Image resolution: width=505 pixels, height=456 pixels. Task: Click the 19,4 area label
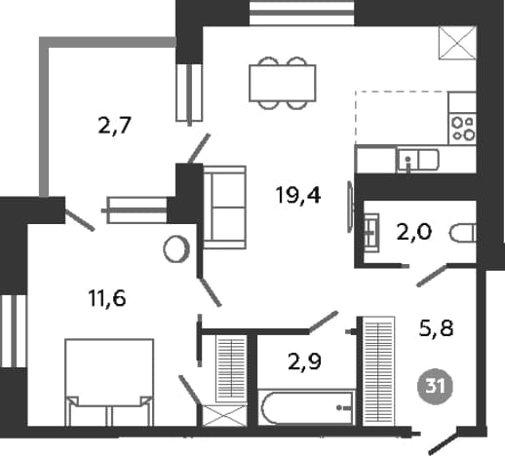(x=298, y=196)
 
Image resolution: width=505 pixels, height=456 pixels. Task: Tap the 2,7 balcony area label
(x=114, y=126)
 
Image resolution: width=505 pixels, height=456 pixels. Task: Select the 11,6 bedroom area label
(x=107, y=298)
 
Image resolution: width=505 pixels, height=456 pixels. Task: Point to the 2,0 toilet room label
(x=414, y=232)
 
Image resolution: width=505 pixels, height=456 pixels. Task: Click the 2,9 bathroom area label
(x=304, y=361)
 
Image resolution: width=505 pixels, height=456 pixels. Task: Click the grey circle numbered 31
(x=435, y=387)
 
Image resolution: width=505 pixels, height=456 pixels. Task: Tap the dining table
(x=283, y=83)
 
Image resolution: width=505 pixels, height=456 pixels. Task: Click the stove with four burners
(x=462, y=129)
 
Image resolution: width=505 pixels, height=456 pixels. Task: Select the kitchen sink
(x=417, y=160)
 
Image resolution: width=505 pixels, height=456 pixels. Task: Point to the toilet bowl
(x=463, y=233)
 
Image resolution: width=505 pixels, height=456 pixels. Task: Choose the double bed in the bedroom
(x=109, y=382)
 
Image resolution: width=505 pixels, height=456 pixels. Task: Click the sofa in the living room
(x=224, y=208)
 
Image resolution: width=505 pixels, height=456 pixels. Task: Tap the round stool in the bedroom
(x=176, y=249)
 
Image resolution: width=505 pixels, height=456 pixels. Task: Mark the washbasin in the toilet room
(x=371, y=233)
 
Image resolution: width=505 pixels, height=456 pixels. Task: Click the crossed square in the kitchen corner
(x=457, y=43)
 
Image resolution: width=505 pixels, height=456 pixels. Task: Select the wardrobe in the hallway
(x=379, y=370)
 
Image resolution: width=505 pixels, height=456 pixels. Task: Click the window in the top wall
(x=302, y=13)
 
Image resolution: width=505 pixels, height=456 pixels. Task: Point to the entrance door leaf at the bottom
(x=444, y=442)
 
